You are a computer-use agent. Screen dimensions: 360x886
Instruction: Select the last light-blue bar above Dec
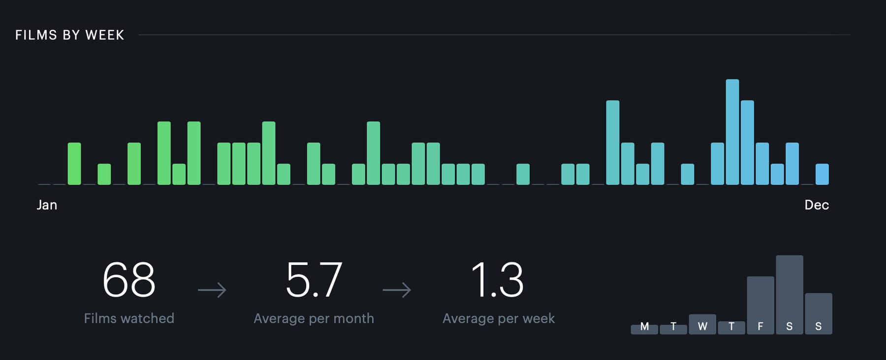point(822,174)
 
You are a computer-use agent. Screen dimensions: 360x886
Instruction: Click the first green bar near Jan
point(74,164)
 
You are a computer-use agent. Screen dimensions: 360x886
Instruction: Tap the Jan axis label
point(47,205)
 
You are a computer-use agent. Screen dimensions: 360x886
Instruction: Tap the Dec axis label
point(816,205)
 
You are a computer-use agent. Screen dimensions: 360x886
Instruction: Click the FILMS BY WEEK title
point(69,35)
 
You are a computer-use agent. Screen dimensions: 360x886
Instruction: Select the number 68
point(129,280)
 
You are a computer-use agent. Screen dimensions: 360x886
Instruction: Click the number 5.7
point(314,280)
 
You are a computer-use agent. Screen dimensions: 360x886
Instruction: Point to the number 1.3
point(497,280)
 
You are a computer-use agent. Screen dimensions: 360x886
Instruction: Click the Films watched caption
point(129,318)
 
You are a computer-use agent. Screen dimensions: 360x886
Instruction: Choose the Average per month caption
point(314,318)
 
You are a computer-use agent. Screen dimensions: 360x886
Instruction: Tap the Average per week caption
point(498,318)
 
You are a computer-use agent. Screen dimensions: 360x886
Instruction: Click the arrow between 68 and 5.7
point(212,290)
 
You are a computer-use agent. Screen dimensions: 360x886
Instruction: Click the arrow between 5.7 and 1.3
point(397,290)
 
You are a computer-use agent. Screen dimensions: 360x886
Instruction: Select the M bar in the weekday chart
point(644,329)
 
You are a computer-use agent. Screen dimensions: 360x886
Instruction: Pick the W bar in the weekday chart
point(702,325)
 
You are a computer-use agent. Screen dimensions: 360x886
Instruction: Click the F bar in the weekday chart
point(760,305)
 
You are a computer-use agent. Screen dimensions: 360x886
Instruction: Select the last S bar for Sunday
point(818,314)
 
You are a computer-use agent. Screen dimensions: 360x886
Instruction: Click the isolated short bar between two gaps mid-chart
point(523,174)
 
